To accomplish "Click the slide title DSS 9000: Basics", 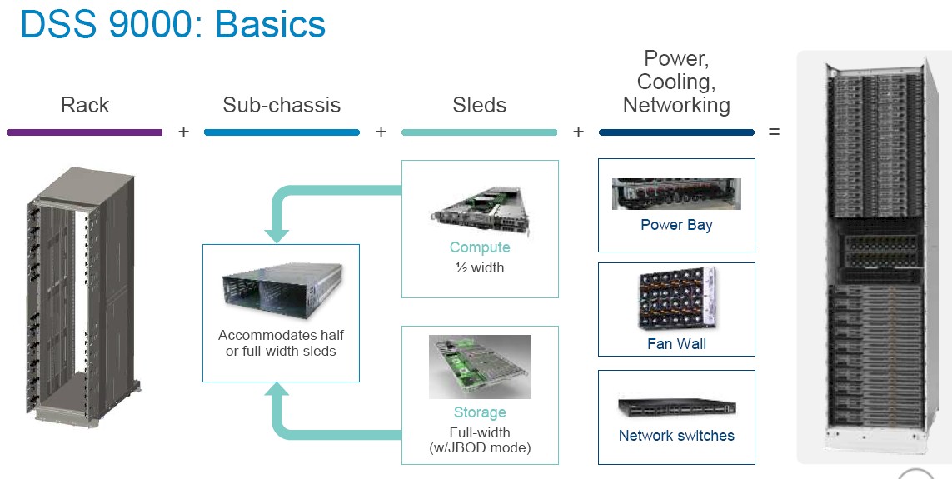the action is point(173,24).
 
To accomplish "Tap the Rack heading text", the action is point(85,105).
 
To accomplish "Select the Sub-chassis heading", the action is point(282,105).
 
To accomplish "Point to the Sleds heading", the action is point(479,105).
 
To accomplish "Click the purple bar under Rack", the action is point(85,132).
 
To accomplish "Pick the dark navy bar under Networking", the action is point(676,132).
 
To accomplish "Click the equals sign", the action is point(774,132).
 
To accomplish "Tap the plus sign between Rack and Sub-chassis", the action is point(183,132).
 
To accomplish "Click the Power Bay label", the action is point(676,225).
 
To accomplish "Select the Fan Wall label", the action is point(676,344).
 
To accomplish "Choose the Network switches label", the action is point(676,436).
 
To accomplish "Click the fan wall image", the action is point(677,299).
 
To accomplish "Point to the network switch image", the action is point(677,407).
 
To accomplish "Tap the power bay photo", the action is point(676,193).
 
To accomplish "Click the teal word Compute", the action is point(480,247).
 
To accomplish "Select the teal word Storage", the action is point(480,413).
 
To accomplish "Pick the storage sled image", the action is point(480,367).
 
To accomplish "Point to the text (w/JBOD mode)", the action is point(480,448).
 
